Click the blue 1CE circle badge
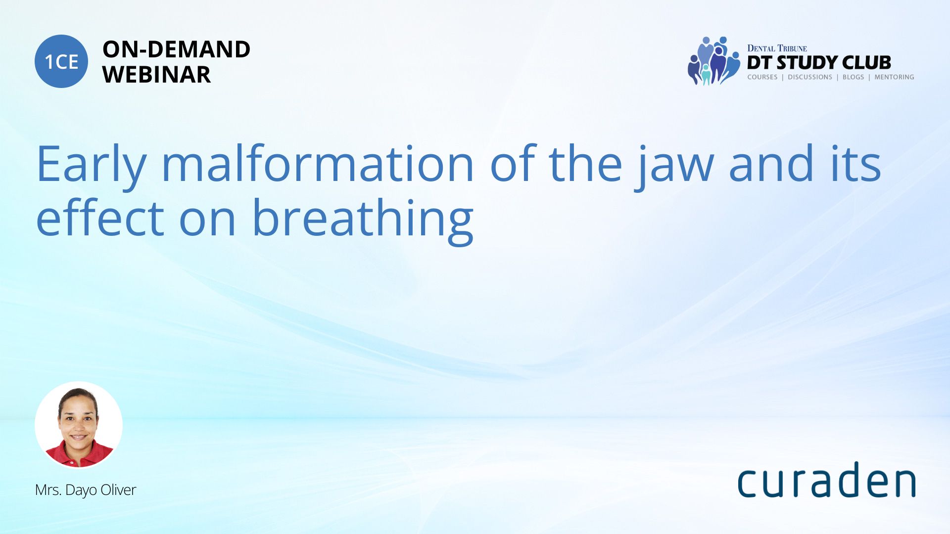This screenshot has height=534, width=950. tap(61, 61)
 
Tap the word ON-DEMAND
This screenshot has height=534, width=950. tap(176, 49)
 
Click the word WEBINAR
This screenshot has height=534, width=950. tap(156, 75)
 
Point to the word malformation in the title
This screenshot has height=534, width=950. tap(318, 163)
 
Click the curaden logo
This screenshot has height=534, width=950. tap(826, 479)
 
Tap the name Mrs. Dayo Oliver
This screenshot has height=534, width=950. tap(85, 490)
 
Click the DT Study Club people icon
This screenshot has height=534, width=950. tap(713, 61)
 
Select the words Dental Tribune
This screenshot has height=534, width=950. tap(777, 48)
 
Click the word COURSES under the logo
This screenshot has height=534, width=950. tap(762, 77)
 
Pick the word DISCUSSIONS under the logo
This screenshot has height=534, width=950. tap(809, 77)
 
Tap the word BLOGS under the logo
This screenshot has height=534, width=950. tap(853, 77)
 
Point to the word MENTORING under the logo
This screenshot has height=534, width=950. tap(894, 77)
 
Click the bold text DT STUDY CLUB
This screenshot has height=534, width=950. tap(819, 62)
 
